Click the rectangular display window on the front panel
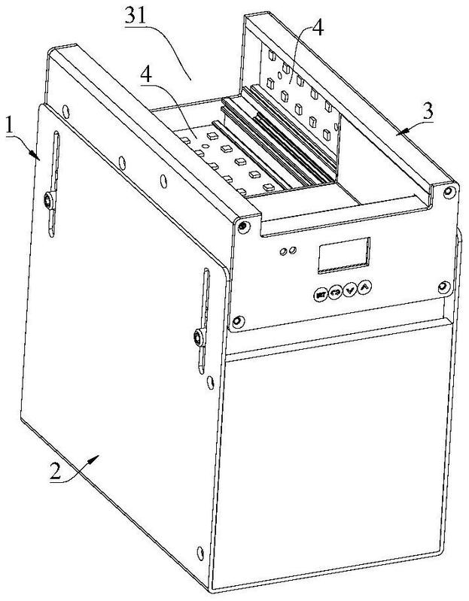click(344, 256)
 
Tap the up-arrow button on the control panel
click(364, 287)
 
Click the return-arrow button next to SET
click(335, 293)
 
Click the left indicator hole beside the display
click(284, 252)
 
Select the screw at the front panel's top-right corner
click(447, 192)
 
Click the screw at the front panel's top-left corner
click(242, 227)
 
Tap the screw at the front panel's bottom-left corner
click(238, 321)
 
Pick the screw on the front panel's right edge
click(443, 287)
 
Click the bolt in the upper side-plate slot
click(48, 200)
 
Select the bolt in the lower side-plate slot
click(199, 337)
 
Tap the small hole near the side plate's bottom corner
click(199, 552)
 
